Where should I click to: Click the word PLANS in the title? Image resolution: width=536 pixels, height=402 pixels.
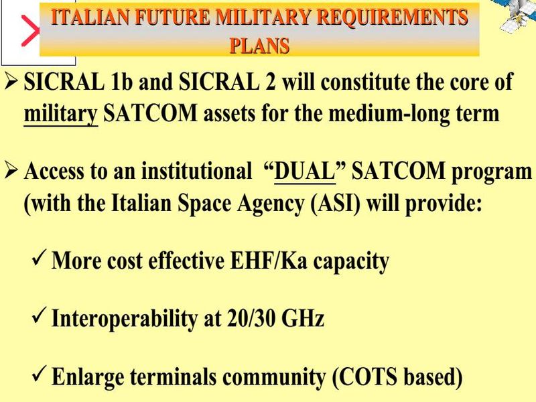(x=259, y=46)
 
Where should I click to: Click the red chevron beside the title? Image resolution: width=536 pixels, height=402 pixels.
(x=31, y=31)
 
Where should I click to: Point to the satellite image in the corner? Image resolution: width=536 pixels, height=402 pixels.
(x=518, y=15)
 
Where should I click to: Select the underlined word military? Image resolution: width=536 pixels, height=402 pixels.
(x=61, y=114)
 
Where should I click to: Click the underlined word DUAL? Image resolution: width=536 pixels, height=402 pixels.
(x=305, y=171)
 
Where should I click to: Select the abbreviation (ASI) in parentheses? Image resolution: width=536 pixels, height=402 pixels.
(x=336, y=204)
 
